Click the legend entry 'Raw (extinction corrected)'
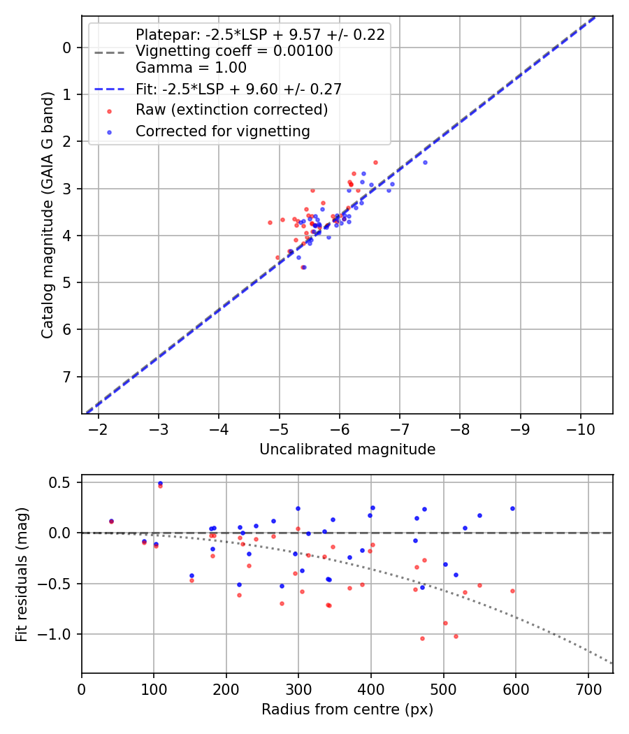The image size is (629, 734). click(x=231, y=110)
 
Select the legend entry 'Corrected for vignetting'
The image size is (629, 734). click(x=223, y=131)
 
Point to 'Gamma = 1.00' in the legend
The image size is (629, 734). click(x=191, y=68)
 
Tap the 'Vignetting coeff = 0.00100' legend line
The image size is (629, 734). click(x=234, y=51)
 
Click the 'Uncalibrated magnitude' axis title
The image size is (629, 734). click(x=347, y=449)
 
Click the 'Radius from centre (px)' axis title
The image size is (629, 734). click(x=347, y=710)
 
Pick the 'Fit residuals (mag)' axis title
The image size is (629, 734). click(x=22, y=574)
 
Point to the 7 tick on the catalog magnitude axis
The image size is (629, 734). click(x=67, y=377)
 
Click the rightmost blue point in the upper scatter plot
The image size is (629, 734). click(x=425, y=162)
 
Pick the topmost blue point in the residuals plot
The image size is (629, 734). click(x=160, y=483)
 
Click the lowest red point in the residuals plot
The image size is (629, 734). click(x=422, y=638)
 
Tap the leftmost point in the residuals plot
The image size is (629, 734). click(x=111, y=521)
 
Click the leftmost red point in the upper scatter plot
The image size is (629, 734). click(x=270, y=222)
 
